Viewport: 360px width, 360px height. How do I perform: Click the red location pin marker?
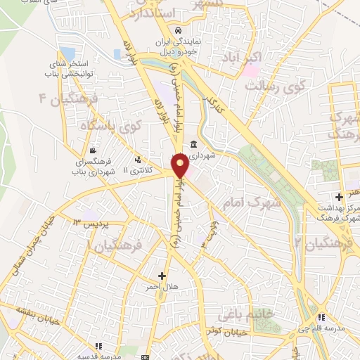(x=180, y=165)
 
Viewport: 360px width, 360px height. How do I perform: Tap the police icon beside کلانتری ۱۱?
(x=138, y=159)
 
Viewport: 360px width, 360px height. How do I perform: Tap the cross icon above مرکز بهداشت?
(x=339, y=196)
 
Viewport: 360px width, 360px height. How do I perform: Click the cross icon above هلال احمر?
(x=162, y=276)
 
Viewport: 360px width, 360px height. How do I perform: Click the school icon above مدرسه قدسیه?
(x=99, y=345)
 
